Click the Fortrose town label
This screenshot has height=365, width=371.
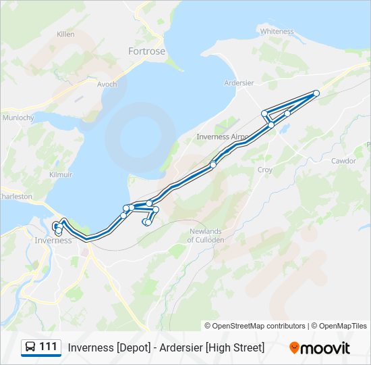[147, 51]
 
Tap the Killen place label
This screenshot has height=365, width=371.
[66, 34]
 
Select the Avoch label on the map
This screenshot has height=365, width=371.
[107, 84]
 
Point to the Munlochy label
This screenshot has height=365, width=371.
[18, 118]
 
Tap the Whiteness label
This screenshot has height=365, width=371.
[277, 32]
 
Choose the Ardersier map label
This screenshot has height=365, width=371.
[239, 84]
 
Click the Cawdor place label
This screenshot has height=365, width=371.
[343, 161]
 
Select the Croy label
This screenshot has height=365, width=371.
[265, 170]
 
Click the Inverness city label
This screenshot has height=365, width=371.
[53, 241]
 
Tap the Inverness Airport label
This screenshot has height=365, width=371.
[221, 137]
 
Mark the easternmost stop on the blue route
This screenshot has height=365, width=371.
[316, 93]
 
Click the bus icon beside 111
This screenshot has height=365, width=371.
[31, 347]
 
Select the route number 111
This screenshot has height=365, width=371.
[48, 347]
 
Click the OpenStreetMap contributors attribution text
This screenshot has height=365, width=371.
[255, 326]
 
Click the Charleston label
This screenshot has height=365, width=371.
[15, 197]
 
